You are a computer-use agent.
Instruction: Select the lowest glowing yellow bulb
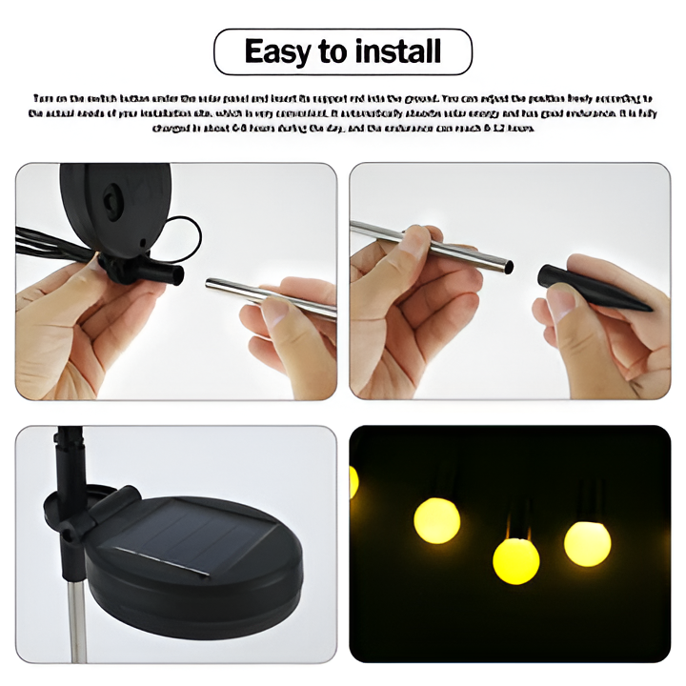point(515,560)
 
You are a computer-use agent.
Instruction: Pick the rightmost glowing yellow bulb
point(587,542)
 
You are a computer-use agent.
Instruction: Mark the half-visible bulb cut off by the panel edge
point(353,482)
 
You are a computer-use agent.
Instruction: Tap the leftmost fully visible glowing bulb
point(436,520)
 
